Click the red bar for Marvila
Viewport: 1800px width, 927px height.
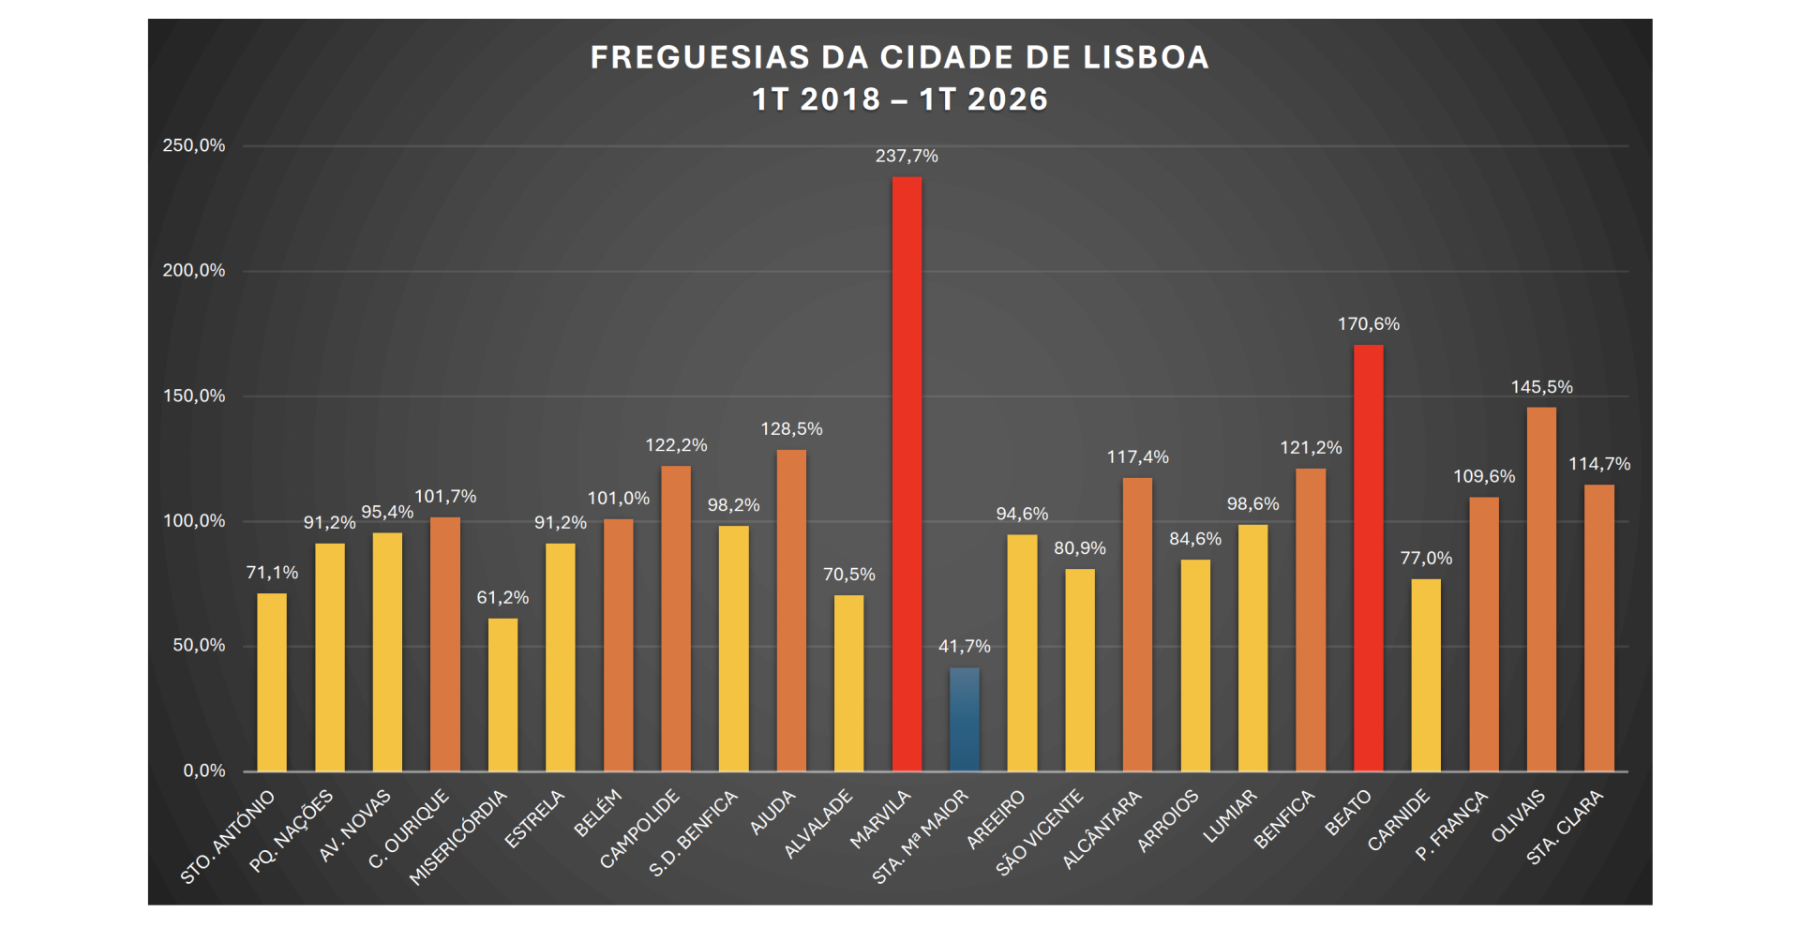point(907,474)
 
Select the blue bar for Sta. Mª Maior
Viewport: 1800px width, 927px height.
point(965,719)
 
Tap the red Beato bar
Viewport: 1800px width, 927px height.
point(1369,558)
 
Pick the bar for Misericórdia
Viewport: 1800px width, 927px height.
point(502,695)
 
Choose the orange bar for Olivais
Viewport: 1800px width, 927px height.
point(1541,590)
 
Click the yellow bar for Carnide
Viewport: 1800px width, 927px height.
point(1426,675)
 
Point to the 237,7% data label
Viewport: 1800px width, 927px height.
point(907,157)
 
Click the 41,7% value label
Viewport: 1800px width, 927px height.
point(965,647)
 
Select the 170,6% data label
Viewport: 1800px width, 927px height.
point(1369,324)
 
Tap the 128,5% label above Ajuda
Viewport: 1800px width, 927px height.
point(791,429)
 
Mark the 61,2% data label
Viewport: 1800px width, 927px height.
point(502,598)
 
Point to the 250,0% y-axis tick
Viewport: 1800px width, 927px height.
point(194,145)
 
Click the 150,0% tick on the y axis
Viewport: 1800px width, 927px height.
point(194,396)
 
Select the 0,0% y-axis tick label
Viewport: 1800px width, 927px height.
point(204,770)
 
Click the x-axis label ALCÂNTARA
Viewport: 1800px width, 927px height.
point(1102,829)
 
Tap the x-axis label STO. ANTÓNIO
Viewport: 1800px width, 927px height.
point(228,836)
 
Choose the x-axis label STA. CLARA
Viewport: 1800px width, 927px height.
point(1565,827)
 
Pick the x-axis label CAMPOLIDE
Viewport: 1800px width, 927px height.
point(639,829)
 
